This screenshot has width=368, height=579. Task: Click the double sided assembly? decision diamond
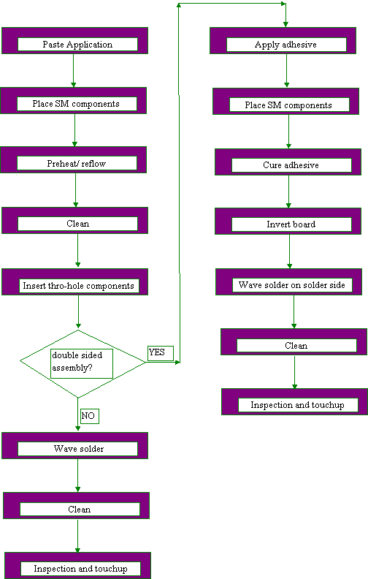click(x=82, y=363)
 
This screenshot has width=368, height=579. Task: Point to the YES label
click(x=160, y=353)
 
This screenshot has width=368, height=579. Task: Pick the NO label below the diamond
click(x=89, y=416)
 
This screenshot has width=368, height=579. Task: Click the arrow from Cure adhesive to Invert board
click(x=288, y=192)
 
